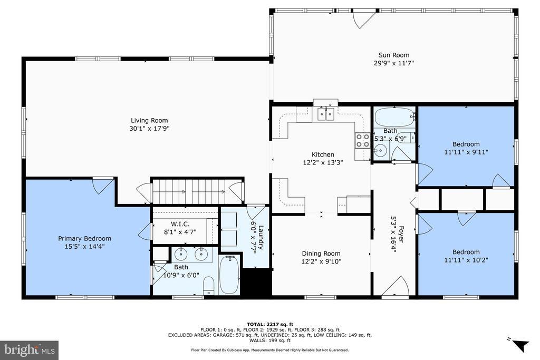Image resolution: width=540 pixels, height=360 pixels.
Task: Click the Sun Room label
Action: [x=393, y=55]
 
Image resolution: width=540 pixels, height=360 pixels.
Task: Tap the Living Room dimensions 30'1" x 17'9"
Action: [x=149, y=129]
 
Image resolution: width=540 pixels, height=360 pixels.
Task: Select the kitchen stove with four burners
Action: [x=362, y=140]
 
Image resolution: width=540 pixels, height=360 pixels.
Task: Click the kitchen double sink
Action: [x=325, y=114]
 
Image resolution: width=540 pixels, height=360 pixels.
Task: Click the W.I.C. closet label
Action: [x=180, y=224]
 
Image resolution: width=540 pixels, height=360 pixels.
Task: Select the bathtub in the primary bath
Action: [x=229, y=275]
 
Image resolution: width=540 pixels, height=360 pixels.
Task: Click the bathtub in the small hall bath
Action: [x=394, y=118]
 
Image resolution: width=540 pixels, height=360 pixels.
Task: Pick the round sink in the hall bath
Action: [x=381, y=150]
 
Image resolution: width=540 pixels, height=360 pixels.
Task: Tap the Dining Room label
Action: [x=321, y=254]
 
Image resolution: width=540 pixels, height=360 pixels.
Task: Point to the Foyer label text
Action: [x=401, y=234]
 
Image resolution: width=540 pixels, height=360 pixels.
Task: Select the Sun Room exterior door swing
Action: [x=363, y=20]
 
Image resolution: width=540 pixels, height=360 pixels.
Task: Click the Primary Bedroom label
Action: [x=84, y=239]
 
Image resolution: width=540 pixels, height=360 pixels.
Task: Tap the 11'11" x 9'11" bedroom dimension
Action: [x=466, y=152]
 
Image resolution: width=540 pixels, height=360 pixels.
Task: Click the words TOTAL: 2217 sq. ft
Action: [x=270, y=324]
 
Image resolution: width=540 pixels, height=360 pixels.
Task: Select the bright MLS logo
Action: [x=30, y=351]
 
